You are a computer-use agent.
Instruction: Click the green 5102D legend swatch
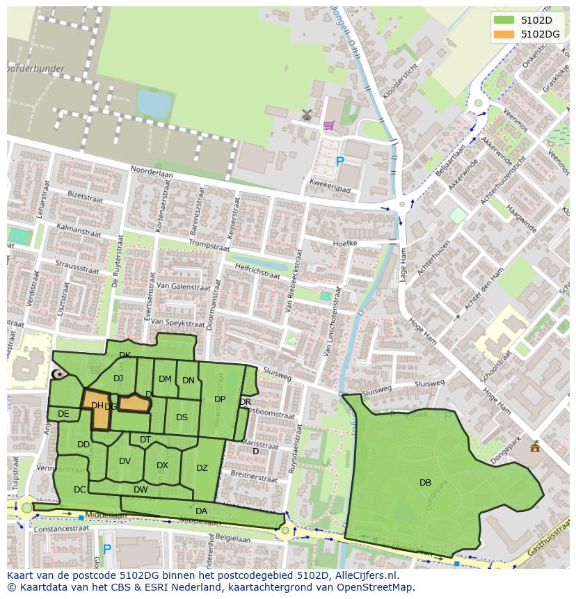[x=504, y=20]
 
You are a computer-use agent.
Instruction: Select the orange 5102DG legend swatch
[x=504, y=33]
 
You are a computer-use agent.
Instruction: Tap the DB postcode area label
[x=425, y=482]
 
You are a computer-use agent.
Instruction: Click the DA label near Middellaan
[x=201, y=511]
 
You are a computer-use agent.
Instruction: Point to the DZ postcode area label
[x=202, y=468]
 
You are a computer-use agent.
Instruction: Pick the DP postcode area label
[x=220, y=399]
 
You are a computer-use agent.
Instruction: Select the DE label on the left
[x=63, y=414]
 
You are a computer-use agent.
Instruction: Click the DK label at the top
[x=125, y=356]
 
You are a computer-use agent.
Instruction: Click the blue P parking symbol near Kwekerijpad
[x=339, y=162]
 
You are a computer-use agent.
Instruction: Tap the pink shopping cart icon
[x=328, y=125]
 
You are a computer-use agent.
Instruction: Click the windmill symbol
[x=307, y=114]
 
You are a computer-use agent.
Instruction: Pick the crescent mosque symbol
[x=58, y=375]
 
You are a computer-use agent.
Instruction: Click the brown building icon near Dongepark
[x=534, y=447]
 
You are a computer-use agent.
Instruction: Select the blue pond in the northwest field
[x=154, y=104]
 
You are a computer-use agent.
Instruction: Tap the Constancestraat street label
[x=52, y=529]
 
